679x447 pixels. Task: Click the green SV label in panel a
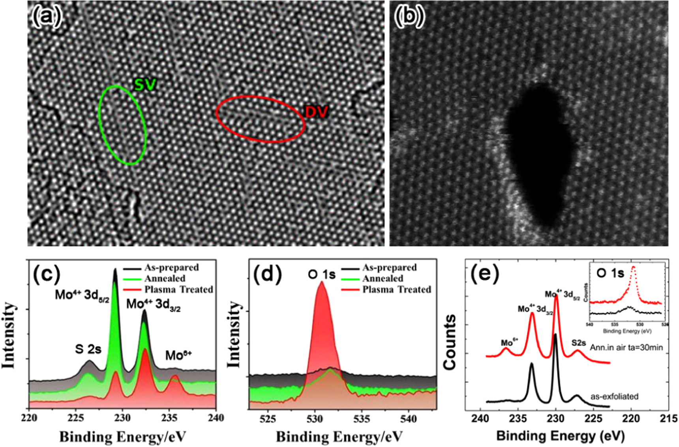[x=145, y=85]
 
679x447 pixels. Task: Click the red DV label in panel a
[x=317, y=112]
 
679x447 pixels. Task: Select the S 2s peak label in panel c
[x=88, y=349]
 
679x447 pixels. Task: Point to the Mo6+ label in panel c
[x=178, y=355]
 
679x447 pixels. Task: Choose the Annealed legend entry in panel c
[x=165, y=279]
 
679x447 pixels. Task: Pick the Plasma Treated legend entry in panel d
[x=396, y=290]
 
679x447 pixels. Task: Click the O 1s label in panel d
[x=322, y=274]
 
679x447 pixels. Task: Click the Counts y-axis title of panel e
[x=450, y=342]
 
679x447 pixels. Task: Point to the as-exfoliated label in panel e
[x=614, y=396]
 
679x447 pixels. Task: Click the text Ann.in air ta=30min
[x=626, y=348]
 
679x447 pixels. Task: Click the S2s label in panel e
[x=578, y=343]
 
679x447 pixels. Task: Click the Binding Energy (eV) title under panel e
[x=561, y=436]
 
